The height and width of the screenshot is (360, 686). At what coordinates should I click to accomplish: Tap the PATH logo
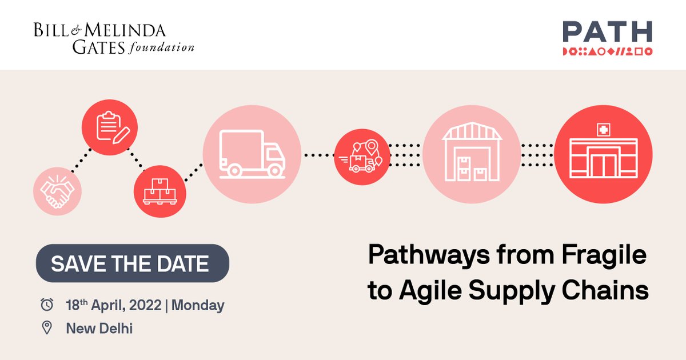coord(607,38)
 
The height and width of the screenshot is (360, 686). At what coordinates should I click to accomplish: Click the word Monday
coord(198,305)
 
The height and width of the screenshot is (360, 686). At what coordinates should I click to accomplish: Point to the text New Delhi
coord(99,328)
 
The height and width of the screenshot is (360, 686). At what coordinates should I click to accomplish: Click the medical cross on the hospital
coord(603,130)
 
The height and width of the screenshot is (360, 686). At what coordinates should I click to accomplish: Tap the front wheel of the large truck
coord(275,170)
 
